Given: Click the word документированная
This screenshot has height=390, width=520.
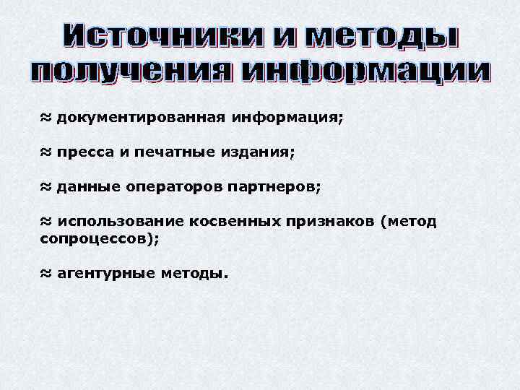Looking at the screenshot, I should point(140,117).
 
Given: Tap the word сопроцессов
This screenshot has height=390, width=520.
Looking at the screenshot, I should point(95,239).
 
